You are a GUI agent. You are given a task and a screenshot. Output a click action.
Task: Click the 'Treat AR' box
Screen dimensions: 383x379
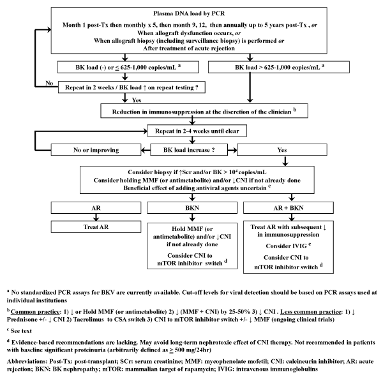tap(96, 227)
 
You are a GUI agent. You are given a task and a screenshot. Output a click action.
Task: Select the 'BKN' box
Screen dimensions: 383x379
tap(192, 208)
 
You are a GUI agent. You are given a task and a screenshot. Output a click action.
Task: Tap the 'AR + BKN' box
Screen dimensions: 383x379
tap(289, 208)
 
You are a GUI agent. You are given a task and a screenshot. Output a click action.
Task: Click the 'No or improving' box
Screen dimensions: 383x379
tap(96, 150)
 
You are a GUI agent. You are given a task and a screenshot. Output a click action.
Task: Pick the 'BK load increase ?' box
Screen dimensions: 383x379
tap(189, 150)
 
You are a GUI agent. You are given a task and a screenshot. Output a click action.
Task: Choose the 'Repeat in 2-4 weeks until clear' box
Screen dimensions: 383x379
tap(197, 131)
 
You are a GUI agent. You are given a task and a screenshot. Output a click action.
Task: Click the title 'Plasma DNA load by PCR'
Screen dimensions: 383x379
tap(189, 13)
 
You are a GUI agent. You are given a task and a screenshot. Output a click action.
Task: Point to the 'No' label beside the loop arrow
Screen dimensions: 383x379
tap(49, 83)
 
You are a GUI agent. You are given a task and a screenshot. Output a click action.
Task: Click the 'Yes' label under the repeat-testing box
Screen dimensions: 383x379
tap(137, 100)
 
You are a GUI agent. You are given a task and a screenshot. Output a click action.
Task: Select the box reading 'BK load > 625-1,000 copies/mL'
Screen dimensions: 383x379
tap(279, 67)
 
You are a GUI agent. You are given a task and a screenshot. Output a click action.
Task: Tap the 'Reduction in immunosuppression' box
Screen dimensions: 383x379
tap(204, 111)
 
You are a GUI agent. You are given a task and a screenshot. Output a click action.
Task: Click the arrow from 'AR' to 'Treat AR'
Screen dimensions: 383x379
tap(96, 218)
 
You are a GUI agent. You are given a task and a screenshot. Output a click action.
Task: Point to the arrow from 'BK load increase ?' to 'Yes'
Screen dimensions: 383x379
tap(232, 150)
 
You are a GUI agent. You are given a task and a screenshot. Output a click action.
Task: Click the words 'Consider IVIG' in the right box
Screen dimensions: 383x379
tap(286, 246)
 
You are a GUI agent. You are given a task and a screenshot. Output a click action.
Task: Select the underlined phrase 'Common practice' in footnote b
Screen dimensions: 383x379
tap(35, 312)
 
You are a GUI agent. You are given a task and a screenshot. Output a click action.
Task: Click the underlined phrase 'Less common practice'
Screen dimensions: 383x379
tap(310, 312)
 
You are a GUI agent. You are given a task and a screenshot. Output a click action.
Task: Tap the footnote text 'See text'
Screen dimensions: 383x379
tap(21, 331)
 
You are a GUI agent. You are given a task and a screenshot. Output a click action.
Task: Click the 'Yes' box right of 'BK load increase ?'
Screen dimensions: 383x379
tap(282, 150)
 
